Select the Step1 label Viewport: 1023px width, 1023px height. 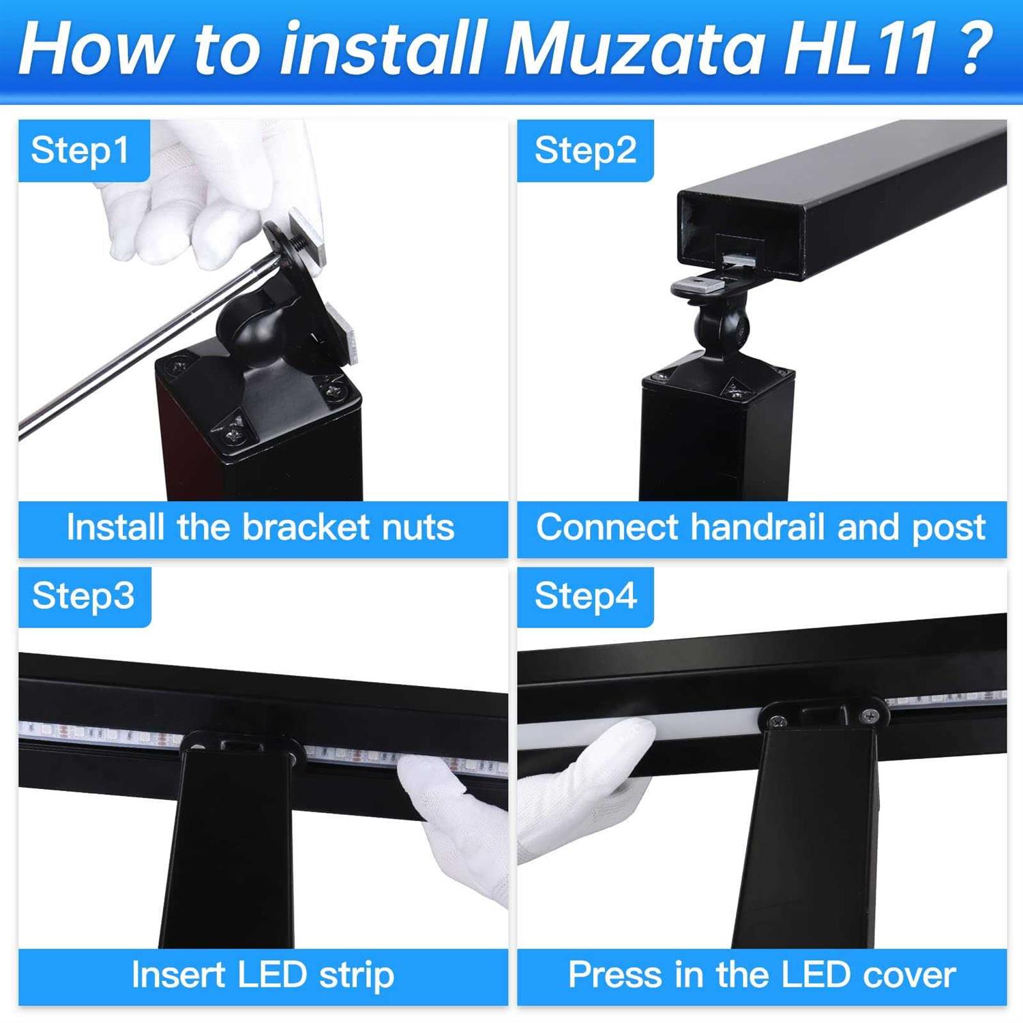(x=80, y=151)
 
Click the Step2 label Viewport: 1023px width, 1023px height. (x=585, y=151)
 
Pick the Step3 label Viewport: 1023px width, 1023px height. (x=83, y=596)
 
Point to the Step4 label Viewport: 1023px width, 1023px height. (x=585, y=596)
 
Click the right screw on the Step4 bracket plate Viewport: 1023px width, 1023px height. (x=870, y=715)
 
